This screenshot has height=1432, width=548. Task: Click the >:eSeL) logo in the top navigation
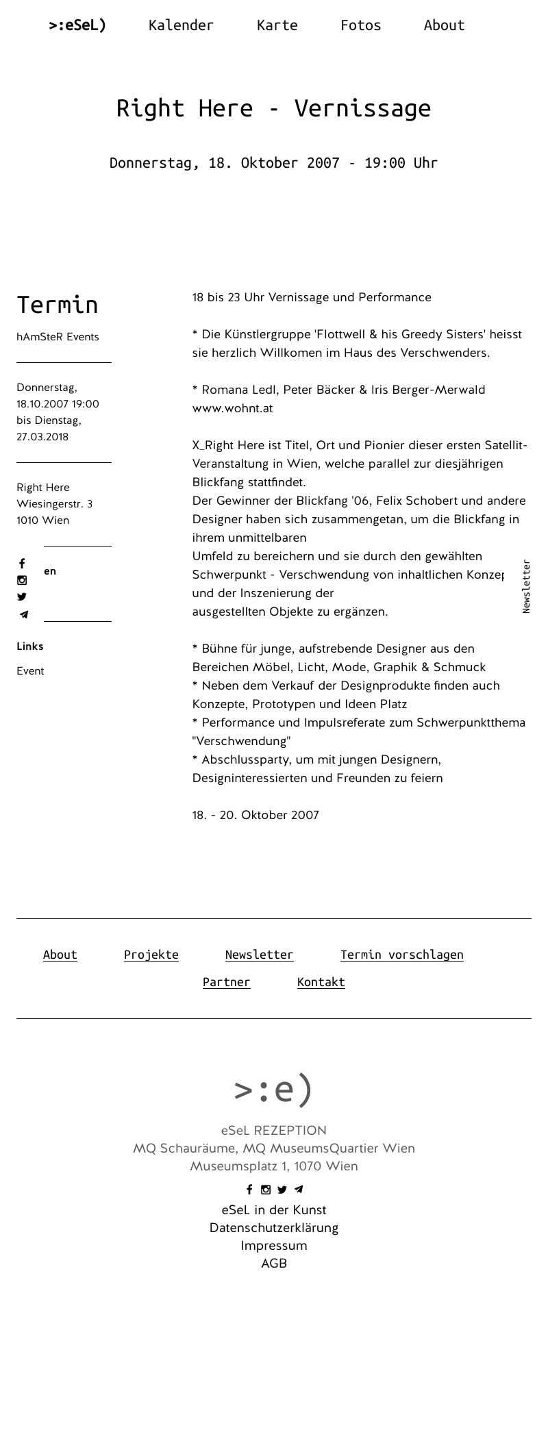tap(77, 25)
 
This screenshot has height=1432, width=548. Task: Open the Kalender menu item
tap(181, 25)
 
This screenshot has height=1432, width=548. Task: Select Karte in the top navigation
tap(277, 25)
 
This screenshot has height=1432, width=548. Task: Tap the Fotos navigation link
tap(360, 25)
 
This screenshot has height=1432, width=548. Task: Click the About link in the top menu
tap(444, 25)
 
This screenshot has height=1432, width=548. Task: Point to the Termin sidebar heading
tap(58, 305)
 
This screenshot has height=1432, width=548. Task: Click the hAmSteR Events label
tap(58, 337)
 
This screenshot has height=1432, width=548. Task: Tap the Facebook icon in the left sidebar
tap(22, 564)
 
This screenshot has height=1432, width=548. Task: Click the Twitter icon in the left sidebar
tap(22, 597)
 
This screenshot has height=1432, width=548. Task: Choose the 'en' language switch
tap(50, 571)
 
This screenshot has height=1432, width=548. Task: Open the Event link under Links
tap(30, 671)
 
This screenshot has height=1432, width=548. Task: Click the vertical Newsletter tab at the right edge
tap(526, 587)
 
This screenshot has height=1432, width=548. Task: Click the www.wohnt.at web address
tap(232, 408)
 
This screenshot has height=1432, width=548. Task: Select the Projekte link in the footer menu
tap(151, 955)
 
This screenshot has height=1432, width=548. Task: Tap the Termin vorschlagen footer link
tap(401, 955)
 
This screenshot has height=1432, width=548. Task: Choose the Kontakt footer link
tap(321, 982)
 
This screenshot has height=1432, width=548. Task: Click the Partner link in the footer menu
tap(226, 982)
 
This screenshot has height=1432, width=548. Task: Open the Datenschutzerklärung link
tap(274, 1228)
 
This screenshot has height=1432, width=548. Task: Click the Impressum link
tap(274, 1246)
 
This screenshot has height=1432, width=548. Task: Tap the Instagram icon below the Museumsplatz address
tap(266, 1190)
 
